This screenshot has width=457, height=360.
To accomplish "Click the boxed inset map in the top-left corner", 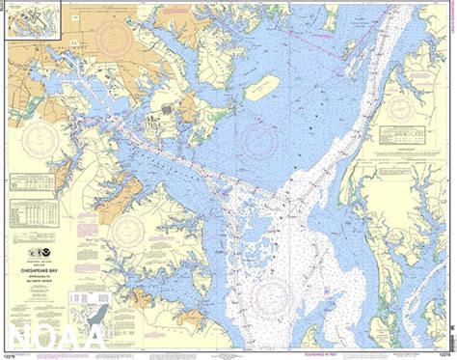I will [33, 19].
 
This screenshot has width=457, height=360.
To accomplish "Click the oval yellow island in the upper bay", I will [260, 88].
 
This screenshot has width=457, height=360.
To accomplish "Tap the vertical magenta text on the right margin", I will [452, 58].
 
